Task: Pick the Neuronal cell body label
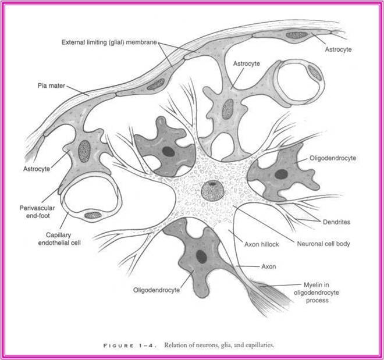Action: tap(320, 245)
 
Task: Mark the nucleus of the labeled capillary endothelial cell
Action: tap(93, 215)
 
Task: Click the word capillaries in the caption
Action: tap(258, 344)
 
